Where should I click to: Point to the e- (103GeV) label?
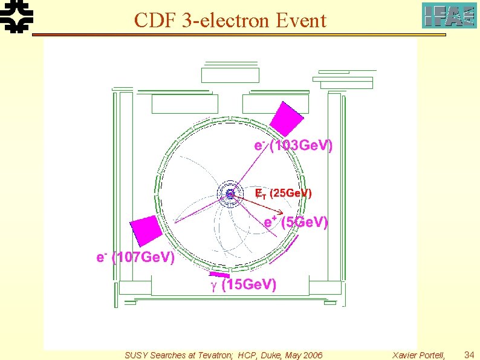(293, 146)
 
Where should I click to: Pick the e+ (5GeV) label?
(296, 222)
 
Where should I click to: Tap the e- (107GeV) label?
(135, 258)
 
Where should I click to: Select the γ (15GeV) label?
(243, 284)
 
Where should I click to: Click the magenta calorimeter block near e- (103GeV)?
(286, 119)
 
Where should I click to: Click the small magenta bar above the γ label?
(219, 275)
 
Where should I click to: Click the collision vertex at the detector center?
(230, 194)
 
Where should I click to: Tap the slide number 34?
(469, 355)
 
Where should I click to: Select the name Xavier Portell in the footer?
(417, 355)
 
